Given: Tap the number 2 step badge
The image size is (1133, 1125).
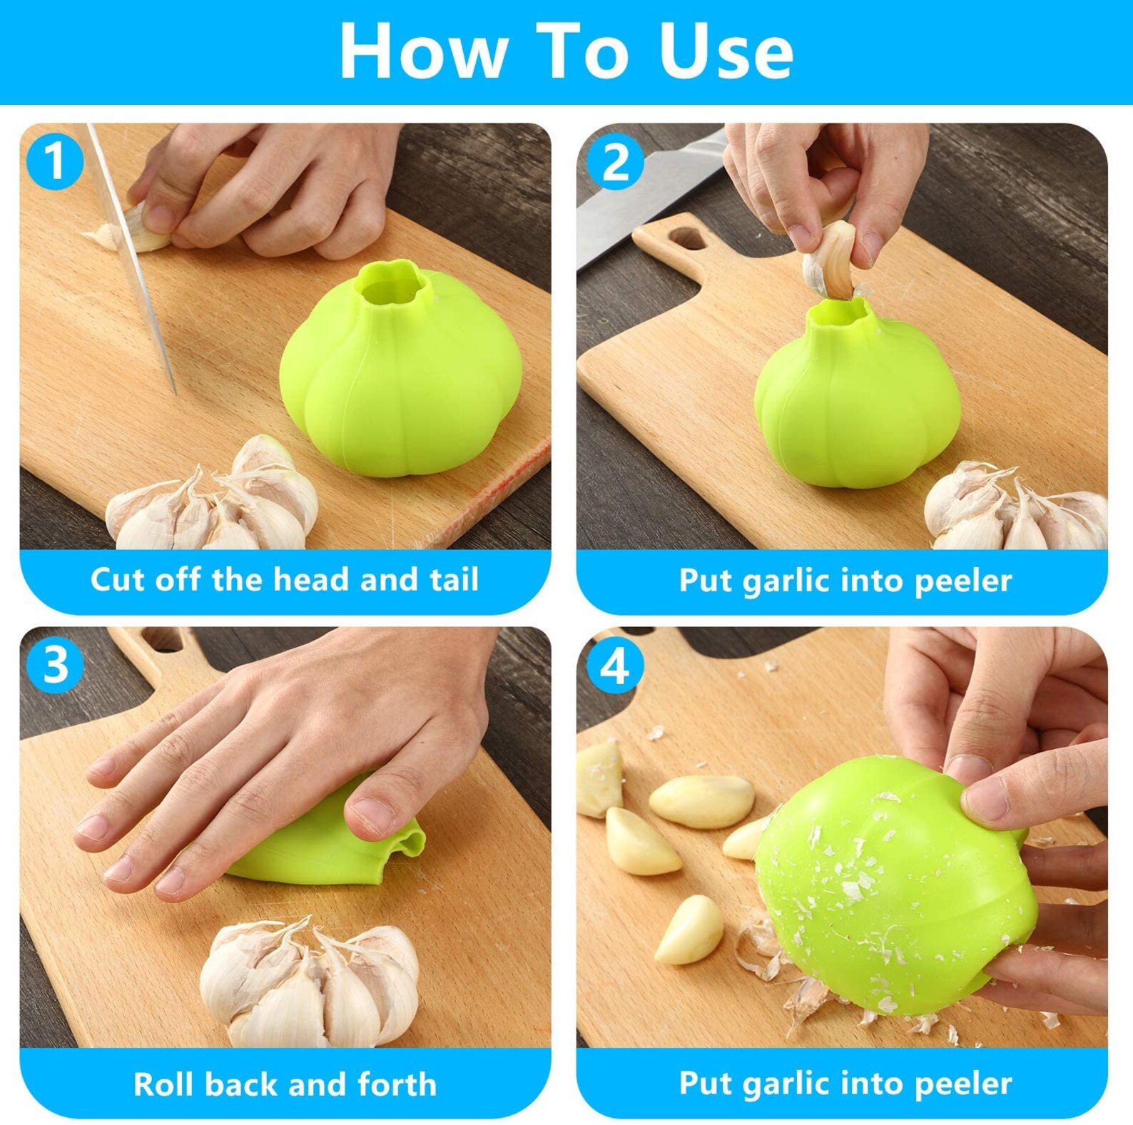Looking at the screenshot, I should (615, 163).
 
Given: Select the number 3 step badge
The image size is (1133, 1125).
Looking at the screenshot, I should (55, 665).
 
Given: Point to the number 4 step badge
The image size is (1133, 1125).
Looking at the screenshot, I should (615, 666).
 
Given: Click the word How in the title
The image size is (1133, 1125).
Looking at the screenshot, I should (423, 51).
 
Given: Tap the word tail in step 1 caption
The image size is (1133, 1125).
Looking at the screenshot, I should (454, 579).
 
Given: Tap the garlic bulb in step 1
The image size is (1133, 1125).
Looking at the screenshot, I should (214, 499).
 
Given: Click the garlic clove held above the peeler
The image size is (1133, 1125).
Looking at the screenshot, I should (831, 260).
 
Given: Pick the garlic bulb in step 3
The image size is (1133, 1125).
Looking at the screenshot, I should (309, 983).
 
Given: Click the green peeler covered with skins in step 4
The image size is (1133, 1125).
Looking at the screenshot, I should (892, 885).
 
